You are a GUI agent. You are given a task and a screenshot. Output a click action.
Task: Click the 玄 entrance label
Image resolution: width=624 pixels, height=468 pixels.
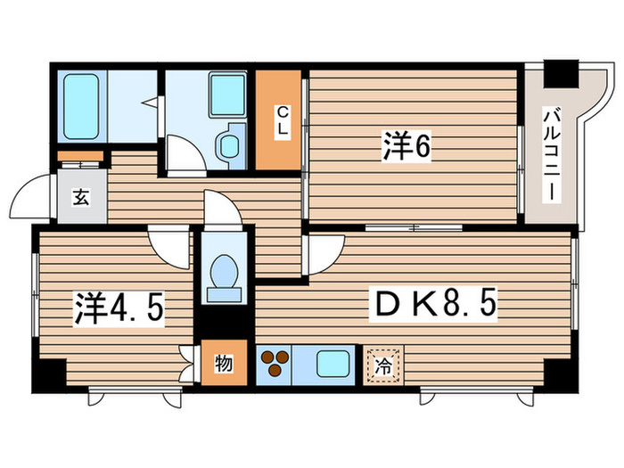[81, 199]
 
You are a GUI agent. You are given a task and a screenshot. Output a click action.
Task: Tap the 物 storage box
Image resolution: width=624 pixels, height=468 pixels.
[223, 364]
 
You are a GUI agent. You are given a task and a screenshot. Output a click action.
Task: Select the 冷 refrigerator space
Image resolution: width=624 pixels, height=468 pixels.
[383, 364]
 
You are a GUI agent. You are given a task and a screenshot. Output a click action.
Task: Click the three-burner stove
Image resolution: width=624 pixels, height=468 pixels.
[275, 365]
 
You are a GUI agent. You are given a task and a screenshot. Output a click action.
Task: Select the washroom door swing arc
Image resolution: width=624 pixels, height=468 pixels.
[185, 155]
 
